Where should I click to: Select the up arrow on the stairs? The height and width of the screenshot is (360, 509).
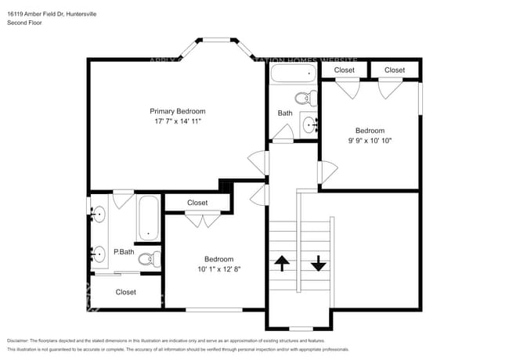tap(280, 263)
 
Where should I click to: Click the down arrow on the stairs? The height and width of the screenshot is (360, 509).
tap(318, 263)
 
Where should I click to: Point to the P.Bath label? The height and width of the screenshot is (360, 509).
tap(123, 251)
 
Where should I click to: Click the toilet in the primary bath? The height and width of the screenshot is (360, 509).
tap(146, 258)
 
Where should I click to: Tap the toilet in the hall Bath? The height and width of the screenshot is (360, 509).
tap(303, 99)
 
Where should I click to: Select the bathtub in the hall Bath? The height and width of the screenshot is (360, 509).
tap(292, 75)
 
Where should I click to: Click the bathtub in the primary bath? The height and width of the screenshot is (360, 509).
tap(148, 219)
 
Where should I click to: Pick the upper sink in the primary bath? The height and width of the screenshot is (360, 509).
tap(98, 214)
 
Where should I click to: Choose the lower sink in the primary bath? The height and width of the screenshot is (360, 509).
tap(98, 254)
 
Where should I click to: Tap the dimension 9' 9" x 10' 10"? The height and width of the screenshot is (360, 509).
tap(370, 141)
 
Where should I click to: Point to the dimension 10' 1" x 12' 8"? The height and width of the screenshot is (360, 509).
tap(218, 269)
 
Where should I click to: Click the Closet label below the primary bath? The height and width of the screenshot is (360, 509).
tap(125, 292)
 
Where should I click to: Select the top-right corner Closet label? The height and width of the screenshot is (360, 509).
tap(395, 70)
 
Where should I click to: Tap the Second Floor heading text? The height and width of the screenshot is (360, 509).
tap(25, 23)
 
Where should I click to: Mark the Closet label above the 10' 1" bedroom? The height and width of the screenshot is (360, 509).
tap(197, 203)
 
